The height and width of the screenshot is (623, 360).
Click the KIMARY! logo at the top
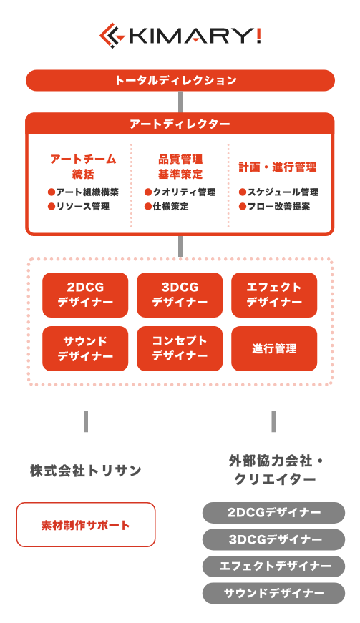click(x=180, y=35)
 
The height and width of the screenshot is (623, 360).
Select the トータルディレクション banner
click(x=180, y=80)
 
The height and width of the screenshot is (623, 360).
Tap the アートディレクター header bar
click(x=180, y=124)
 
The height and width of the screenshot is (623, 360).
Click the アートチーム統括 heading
click(x=83, y=167)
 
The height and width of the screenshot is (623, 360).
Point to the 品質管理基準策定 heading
click(x=180, y=167)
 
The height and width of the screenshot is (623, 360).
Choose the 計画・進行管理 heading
click(x=278, y=167)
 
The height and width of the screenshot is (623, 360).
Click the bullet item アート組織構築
click(x=83, y=192)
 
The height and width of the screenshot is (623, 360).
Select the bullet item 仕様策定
click(x=167, y=207)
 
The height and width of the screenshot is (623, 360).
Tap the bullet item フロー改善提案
click(x=274, y=207)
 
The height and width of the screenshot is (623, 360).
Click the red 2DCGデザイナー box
click(x=85, y=295)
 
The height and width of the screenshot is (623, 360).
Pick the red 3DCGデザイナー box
click(x=180, y=295)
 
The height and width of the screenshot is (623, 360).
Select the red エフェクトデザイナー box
click(x=274, y=295)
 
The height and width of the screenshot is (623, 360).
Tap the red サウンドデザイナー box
click(x=85, y=348)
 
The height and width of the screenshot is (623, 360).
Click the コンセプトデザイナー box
click(x=180, y=348)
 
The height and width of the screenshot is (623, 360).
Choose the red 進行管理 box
click(x=274, y=348)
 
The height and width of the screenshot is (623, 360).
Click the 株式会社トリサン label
click(x=86, y=471)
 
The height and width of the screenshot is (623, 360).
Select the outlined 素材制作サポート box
click(x=86, y=524)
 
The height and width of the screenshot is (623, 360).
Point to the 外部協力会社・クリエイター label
click(x=275, y=471)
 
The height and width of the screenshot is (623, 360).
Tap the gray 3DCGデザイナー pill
click(x=274, y=539)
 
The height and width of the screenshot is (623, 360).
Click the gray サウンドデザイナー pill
click(x=274, y=593)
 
